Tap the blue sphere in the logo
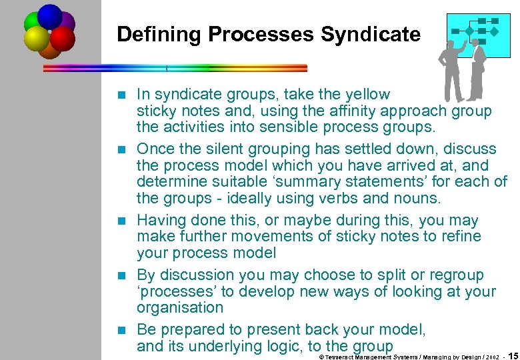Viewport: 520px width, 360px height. [x=50, y=16]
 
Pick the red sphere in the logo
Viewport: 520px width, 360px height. [x=62, y=39]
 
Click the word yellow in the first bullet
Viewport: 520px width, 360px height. [x=367, y=95]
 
